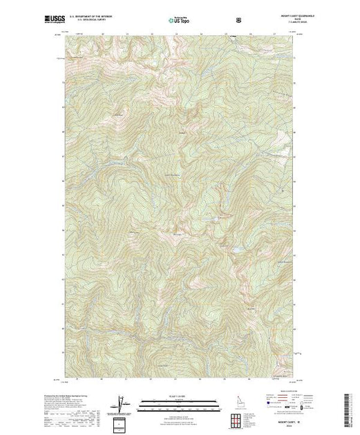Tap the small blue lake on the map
(235, 247)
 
